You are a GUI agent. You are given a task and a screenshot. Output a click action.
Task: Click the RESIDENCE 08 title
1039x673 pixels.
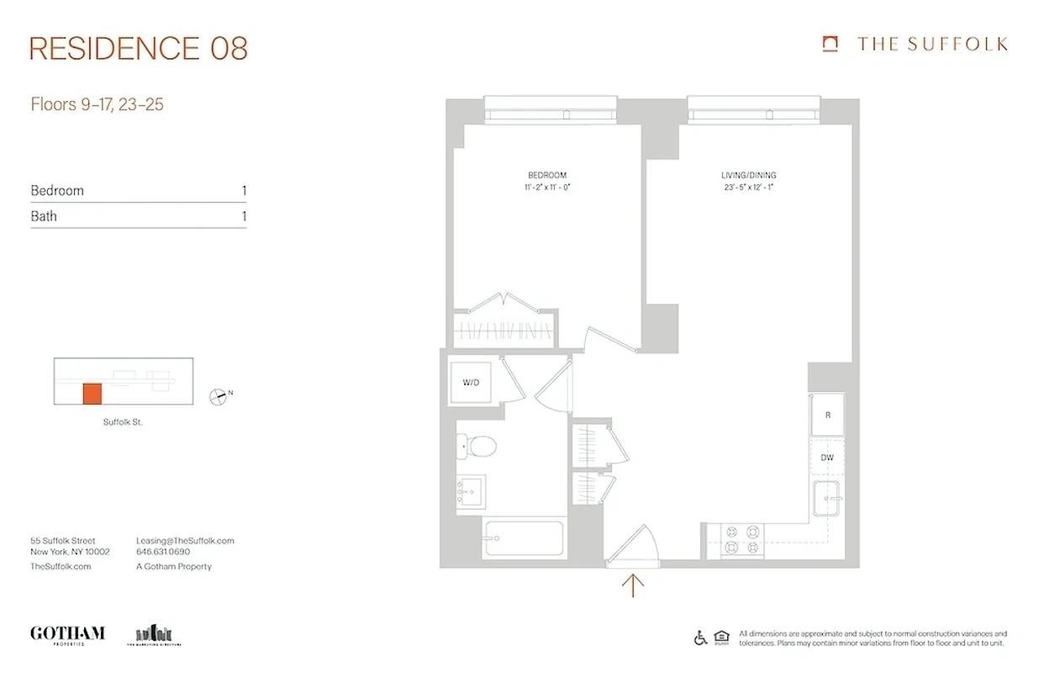(139, 49)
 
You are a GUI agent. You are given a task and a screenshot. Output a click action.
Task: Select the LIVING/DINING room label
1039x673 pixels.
(748, 175)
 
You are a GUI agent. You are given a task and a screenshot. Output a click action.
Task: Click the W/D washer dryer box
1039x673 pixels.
(472, 382)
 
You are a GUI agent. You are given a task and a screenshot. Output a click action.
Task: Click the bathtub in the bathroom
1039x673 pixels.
(523, 538)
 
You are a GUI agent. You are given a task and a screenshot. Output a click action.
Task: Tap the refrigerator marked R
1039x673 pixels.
(827, 415)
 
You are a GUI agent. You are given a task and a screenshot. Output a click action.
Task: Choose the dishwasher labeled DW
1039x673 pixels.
(827, 458)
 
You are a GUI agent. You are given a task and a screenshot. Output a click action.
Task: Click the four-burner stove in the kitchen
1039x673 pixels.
(743, 540)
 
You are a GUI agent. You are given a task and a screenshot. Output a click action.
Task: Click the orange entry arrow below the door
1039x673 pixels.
(632, 584)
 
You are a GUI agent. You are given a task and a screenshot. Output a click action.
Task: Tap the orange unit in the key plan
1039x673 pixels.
(92, 394)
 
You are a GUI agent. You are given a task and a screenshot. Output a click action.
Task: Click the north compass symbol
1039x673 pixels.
(219, 395)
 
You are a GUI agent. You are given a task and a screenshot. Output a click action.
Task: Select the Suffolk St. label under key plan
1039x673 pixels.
(123, 422)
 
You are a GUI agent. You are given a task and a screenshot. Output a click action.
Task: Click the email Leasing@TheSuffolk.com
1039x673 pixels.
(185, 541)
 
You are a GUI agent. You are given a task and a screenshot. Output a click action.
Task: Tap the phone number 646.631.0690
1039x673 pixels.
(163, 553)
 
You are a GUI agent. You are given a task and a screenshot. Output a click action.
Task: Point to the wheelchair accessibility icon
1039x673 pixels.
(700, 638)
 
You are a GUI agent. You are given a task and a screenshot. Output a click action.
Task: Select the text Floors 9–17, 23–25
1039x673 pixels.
(97, 105)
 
